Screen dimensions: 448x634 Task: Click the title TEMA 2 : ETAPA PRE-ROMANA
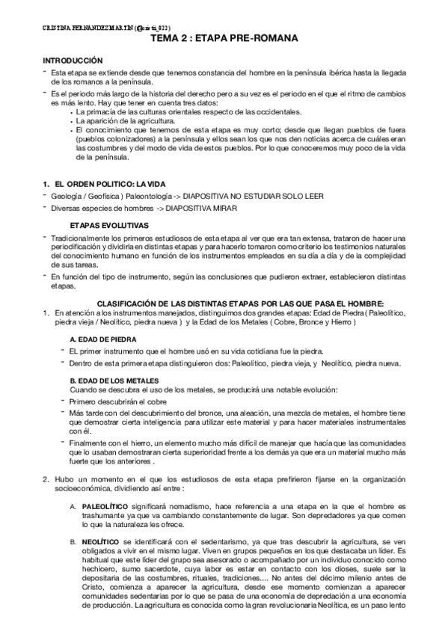224,37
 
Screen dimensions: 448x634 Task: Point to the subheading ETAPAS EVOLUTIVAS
108,226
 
